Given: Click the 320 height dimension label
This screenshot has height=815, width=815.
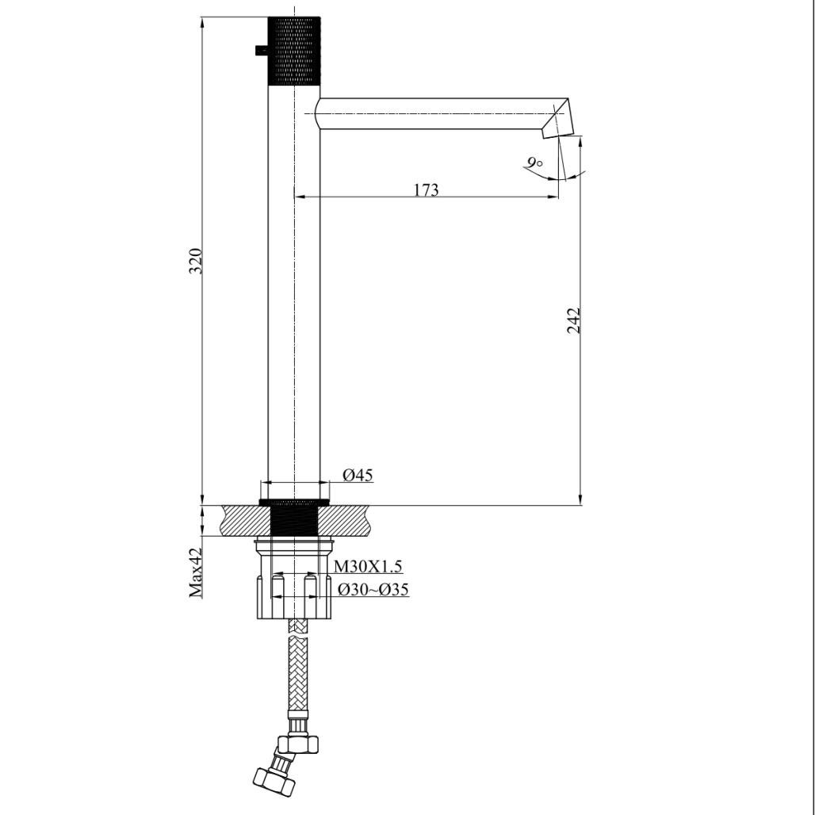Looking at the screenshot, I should (x=195, y=261).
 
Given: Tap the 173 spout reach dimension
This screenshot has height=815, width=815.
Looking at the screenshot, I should (x=426, y=190).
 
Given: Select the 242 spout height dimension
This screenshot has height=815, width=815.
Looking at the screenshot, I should (x=574, y=320).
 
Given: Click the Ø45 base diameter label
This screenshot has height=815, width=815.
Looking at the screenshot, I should (x=358, y=475).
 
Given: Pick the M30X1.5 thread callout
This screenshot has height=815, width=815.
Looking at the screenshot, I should (x=368, y=566).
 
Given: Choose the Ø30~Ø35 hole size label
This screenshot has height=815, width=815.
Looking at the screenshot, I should (x=373, y=590).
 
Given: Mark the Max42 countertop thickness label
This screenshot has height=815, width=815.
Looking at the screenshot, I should (x=196, y=572).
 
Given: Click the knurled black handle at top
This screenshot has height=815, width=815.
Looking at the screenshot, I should (x=294, y=50).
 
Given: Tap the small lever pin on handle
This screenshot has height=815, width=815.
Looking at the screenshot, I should (x=261, y=51).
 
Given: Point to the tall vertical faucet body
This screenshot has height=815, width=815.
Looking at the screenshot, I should (x=294, y=301).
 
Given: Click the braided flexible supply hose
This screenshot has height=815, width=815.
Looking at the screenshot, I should (x=297, y=674).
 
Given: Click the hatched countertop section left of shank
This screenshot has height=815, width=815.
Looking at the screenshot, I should (x=247, y=521).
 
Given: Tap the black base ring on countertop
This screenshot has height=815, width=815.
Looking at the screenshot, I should (x=294, y=502).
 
